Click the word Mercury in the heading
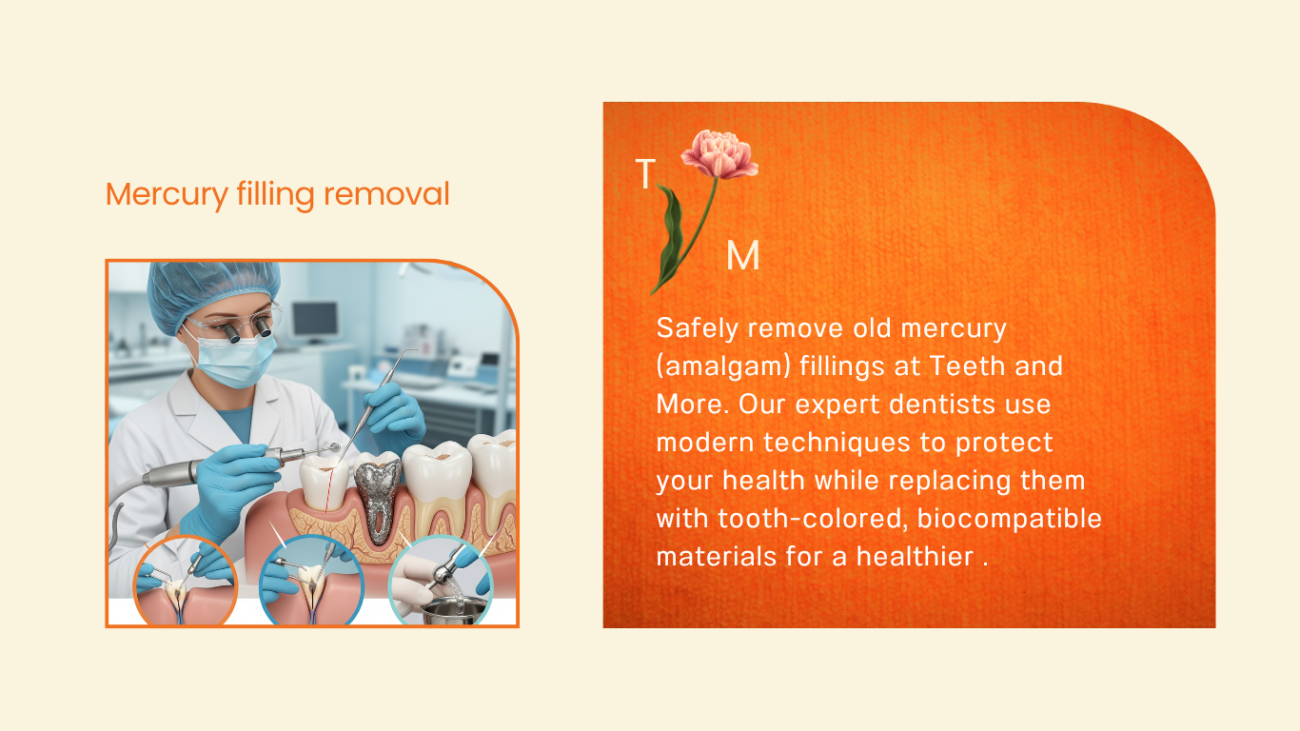(167, 194)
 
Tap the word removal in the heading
(386, 193)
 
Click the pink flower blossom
(719, 154)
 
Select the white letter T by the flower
(645, 173)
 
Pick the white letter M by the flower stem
(743, 255)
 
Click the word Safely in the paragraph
(697, 329)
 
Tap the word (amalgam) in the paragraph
(723, 367)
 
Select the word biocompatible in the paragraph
(1009, 519)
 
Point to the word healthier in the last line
(916, 556)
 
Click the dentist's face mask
(233, 358)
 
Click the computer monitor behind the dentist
(315, 321)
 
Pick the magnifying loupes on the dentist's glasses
(246, 329)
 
